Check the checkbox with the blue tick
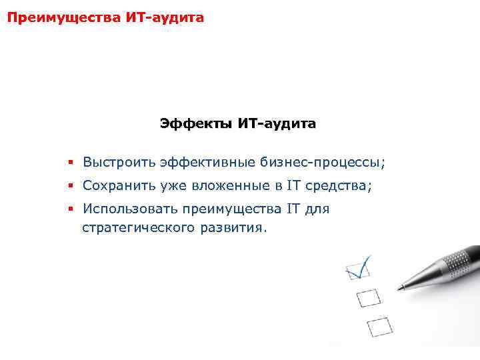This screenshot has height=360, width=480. pyautogui.click(x=355, y=270)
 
